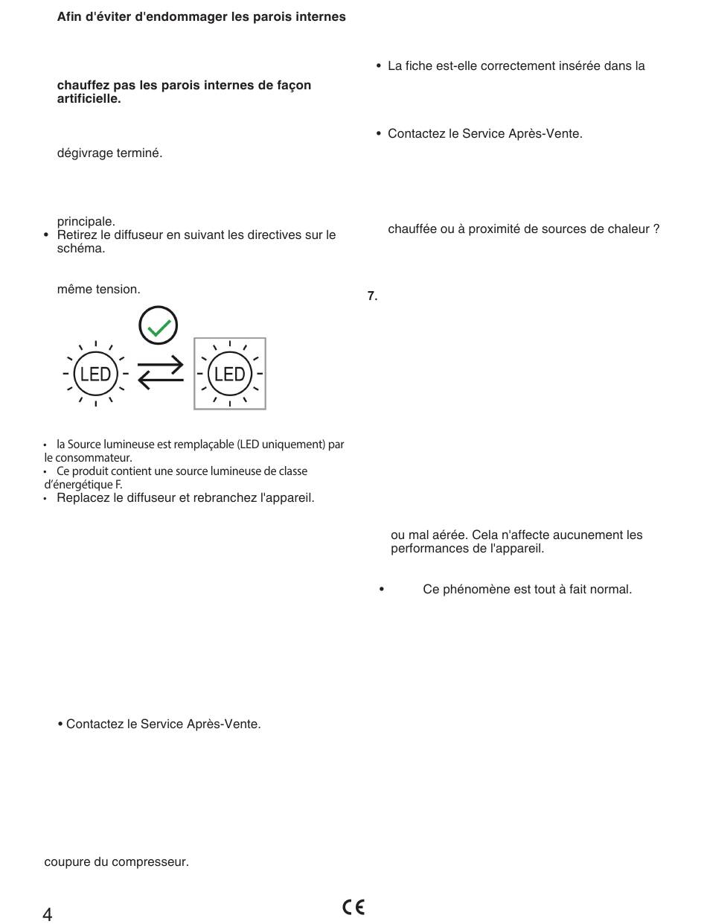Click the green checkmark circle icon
(159, 325)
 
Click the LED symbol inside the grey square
(229, 374)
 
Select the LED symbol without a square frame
(95, 374)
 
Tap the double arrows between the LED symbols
(161, 372)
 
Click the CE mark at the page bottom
(353, 907)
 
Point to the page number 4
(48, 914)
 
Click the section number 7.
(372, 296)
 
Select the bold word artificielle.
(89, 99)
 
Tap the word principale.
(86, 221)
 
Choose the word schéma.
(80, 249)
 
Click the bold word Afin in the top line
(70, 16)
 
